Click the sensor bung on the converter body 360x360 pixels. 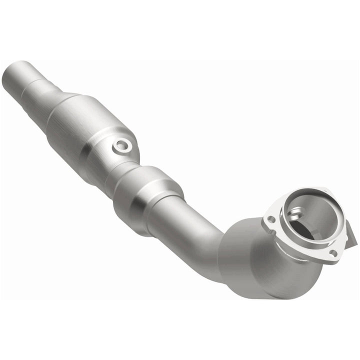pos(122,145)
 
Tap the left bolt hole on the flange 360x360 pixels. pos(270,218)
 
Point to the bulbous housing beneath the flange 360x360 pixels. pos(260,265)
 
